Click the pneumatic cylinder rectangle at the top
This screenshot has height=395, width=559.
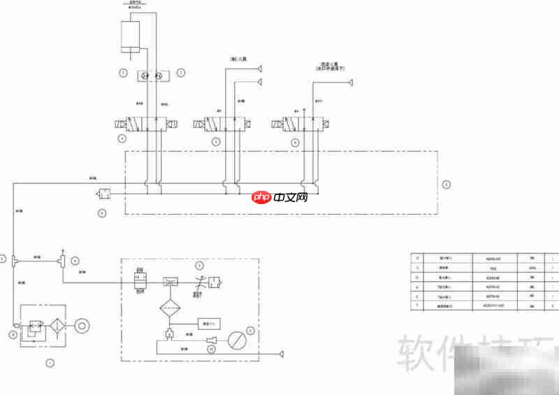[x=131, y=35]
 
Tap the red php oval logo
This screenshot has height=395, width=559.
[x=262, y=198]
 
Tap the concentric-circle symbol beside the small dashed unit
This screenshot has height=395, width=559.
[x=83, y=326]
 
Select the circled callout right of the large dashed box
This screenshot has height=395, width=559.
[x=447, y=185]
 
